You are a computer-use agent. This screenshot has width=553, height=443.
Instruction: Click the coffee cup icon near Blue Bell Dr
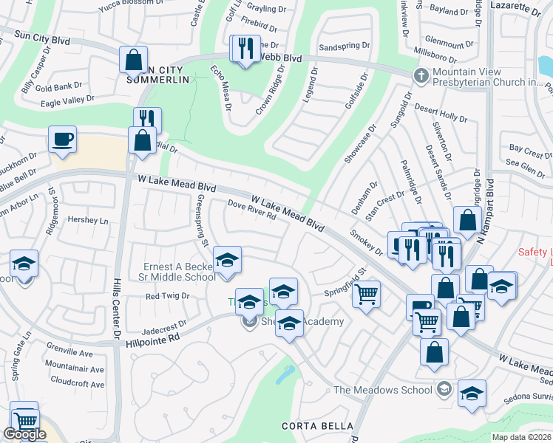point(62,138)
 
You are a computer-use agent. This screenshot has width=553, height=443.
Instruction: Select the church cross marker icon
point(421,75)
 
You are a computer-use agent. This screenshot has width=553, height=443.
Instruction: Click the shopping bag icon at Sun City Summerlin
point(133,59)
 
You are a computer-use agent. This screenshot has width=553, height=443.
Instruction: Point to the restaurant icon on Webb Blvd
point(244,49)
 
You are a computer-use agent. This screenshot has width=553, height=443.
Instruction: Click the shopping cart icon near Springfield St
point(366,294)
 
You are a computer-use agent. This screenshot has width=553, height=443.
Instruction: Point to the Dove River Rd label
point(251,210)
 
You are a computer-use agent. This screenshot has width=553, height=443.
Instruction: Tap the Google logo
point(24,434)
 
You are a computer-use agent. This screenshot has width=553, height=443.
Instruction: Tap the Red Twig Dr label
point(168,295)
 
